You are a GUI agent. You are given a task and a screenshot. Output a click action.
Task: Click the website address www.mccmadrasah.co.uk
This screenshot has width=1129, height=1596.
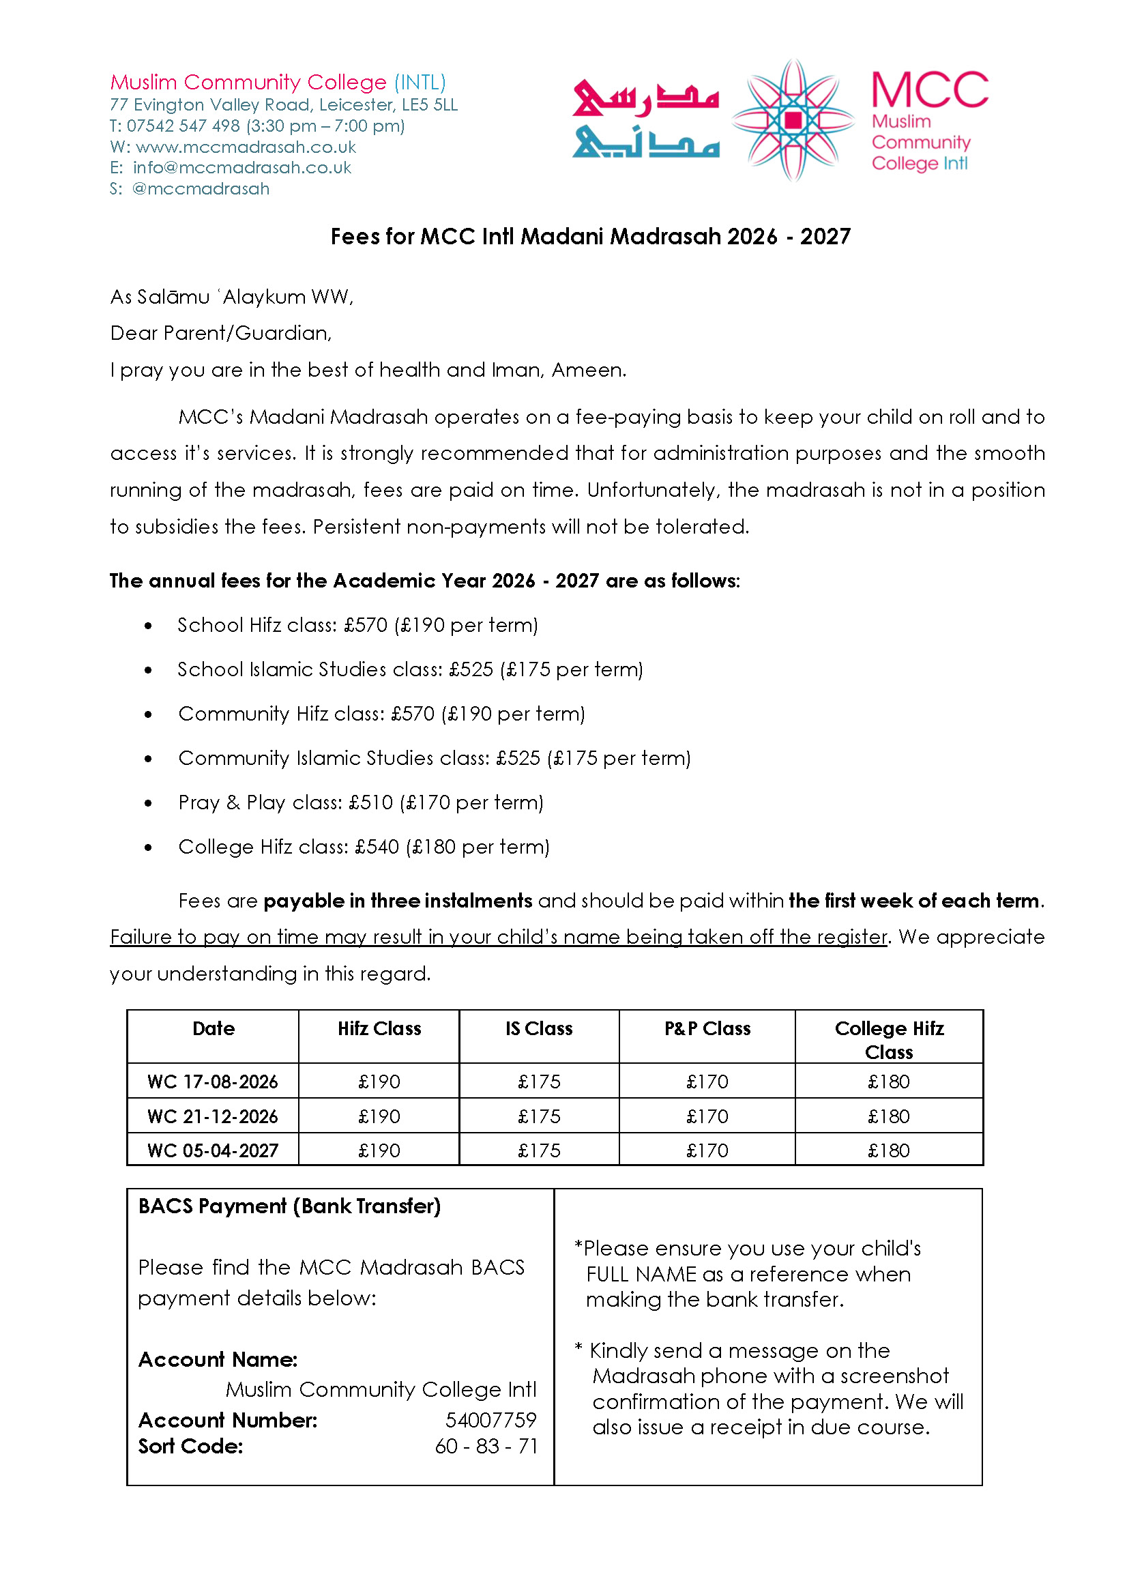tap(246, 147)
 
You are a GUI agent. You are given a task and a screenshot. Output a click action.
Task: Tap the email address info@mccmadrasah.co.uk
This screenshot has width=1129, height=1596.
tap(242, 169)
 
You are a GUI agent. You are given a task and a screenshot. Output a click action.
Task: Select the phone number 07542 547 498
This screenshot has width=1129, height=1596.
tap(183, 126)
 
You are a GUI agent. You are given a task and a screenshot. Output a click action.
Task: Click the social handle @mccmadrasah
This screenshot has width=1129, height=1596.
tap(200, 189)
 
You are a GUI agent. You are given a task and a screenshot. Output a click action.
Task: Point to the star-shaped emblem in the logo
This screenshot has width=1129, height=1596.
tap(793, 120)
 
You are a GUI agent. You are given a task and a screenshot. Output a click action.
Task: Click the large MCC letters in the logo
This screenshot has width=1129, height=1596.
tap(929, 90)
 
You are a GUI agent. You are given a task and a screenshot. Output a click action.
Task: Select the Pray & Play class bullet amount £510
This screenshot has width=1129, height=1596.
tap(371, 802)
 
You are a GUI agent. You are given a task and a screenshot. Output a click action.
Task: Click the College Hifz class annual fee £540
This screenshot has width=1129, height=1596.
tap(377, 847)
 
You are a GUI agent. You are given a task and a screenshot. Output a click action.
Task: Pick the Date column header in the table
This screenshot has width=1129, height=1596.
tap(214, 1028)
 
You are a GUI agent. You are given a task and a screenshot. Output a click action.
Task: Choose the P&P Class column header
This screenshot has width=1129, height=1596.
tap(707, 1028)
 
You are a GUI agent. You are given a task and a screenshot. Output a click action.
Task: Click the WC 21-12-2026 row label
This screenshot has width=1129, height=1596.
tap(213, 1116)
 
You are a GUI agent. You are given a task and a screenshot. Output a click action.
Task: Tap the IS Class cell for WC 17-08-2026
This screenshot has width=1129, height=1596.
tap(539, 1082)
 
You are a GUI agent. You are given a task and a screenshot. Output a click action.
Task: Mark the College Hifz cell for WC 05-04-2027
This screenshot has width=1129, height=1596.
tap(888, 1150)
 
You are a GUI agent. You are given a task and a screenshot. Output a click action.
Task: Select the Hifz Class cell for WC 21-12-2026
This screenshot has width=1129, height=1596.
tap(379, 1116)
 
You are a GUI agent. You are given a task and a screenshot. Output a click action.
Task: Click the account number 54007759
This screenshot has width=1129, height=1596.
tap(490, 1420)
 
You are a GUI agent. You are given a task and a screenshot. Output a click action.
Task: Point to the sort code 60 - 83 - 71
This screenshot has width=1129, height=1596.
tap(486, 1447)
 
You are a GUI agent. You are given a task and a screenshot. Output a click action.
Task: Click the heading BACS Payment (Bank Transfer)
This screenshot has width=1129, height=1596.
tap(289, 1206)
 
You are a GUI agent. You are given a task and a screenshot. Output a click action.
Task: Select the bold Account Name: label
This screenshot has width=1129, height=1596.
tap(218, 1359)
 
